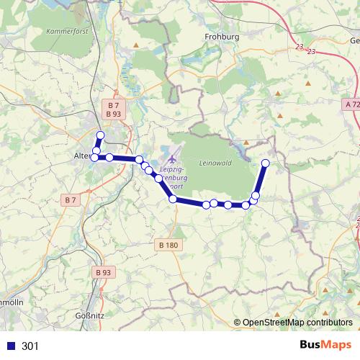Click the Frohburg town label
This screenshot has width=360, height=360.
click(221, 36)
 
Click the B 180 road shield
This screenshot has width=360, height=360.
click(167, 245)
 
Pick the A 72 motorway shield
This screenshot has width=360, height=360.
click(351, 104)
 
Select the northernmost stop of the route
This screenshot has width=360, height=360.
click(101, 135)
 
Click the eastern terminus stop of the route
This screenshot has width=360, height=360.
click(265, 163)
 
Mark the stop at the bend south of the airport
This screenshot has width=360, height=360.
click(173, 199)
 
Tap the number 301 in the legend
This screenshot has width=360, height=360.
click(30, 346)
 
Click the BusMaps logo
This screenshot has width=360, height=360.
click(325, 345)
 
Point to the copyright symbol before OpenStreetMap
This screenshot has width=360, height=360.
click(237, 323)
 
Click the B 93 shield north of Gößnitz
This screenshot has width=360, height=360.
click(103, 273)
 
